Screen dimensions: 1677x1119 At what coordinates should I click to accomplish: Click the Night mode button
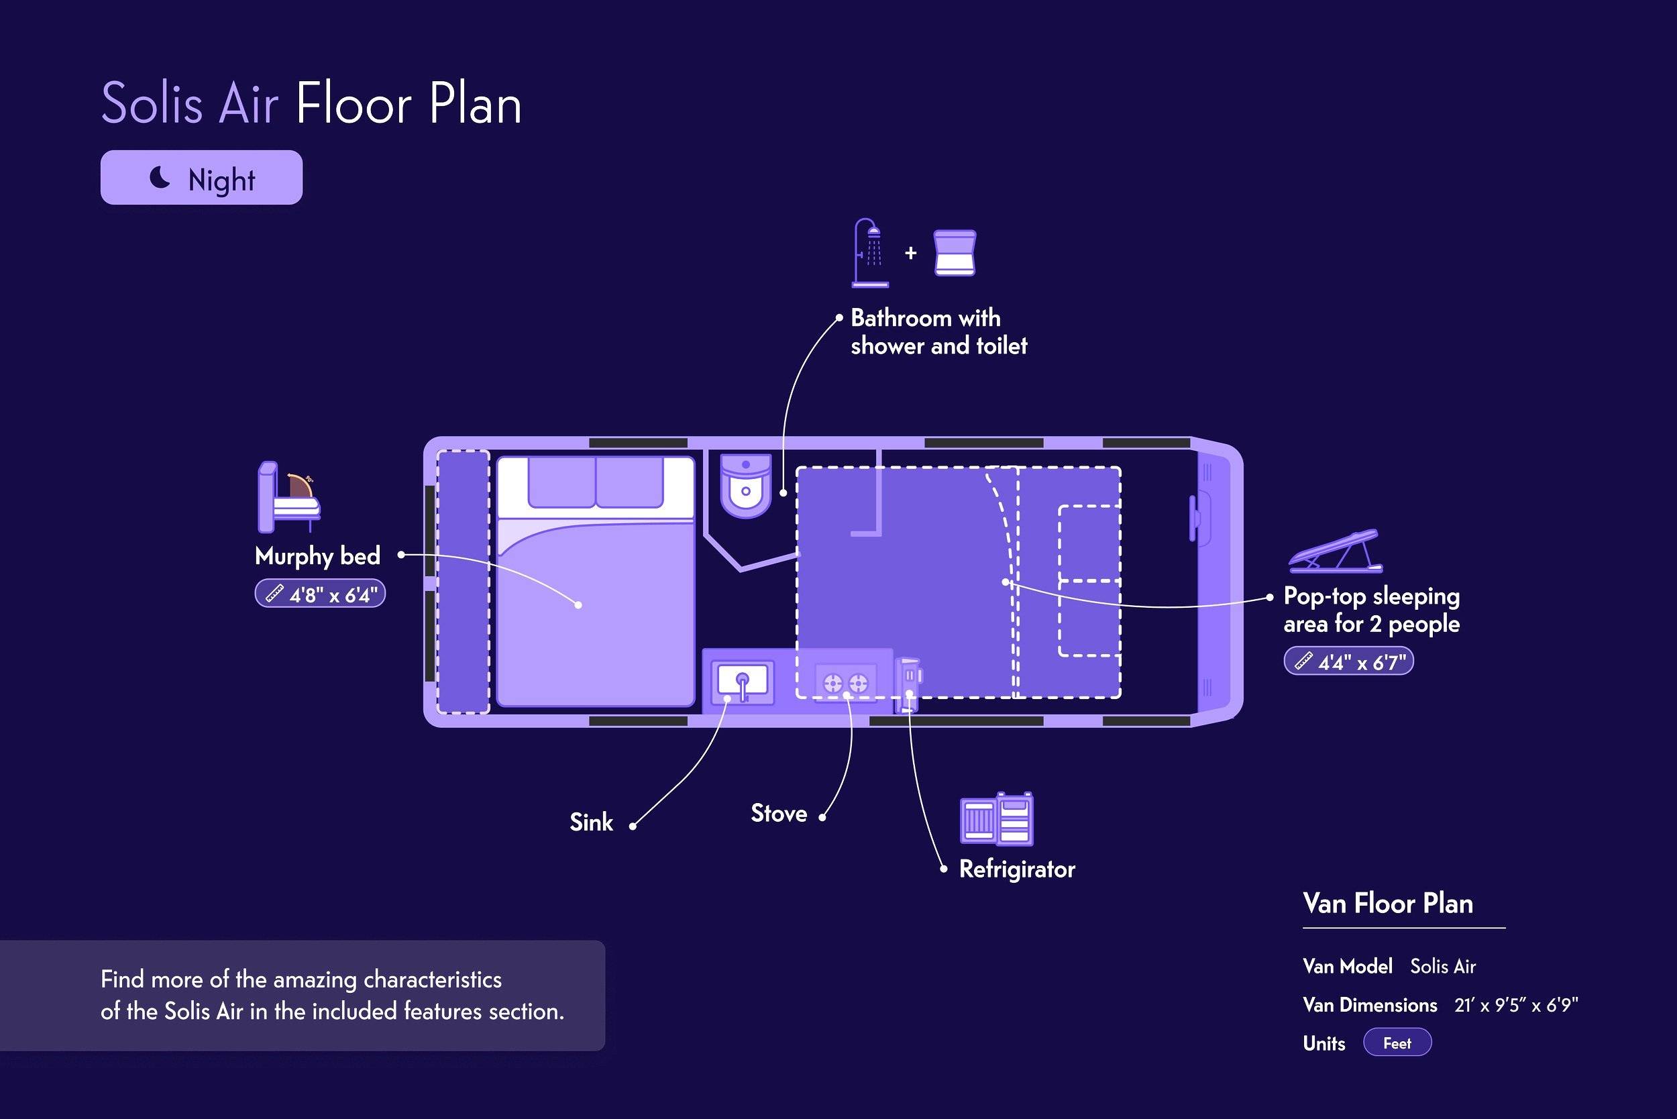pyautogui.click(x=201, y=177)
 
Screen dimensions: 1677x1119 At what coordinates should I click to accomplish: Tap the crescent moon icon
pyautogui.click(x=160, y=177)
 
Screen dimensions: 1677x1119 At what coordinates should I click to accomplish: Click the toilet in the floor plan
pyautogui.click(x=746, y=485)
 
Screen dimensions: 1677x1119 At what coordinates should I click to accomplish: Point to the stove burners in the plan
pyautogui.click(x=846, y=684)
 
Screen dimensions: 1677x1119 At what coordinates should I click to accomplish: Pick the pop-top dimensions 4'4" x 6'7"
pyautogui.click(x=1349, y=661)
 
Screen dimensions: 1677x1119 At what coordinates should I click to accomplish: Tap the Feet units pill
pyautogui.click(x=1397, y=1043)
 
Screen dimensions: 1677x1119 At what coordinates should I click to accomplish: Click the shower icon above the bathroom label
pyautogui.click(x=870, y=254)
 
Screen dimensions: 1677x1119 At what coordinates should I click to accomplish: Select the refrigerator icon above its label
pyautogui.click(x=997, y=818)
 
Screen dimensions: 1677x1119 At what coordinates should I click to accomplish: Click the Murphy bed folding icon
pyautogui.click(x=288, y=496)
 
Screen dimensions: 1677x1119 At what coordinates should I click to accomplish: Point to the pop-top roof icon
pyautogui.click(x=1335, y=551)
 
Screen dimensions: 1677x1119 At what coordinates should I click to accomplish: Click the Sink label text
pyautogui.click(x=591, y=822)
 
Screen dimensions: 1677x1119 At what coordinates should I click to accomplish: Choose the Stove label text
pyautogui.click(x=779, y=814)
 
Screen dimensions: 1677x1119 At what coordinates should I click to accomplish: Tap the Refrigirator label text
pyautogui.click(x=1017, y=869)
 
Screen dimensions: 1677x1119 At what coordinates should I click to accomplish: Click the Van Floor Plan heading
pyautogui.click(x=1388, y=904)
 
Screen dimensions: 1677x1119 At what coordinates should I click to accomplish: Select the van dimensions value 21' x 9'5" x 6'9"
pyautogui.click(x=1517, y=1005)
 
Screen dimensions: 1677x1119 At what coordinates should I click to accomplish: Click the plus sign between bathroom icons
pyautogui.click(x=910, y=253)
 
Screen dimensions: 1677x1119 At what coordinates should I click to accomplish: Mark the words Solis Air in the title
pyautogui.click(x=190, y=104)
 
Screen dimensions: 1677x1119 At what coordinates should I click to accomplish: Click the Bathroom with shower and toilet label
pyautogui.click(x=939, y=332)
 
